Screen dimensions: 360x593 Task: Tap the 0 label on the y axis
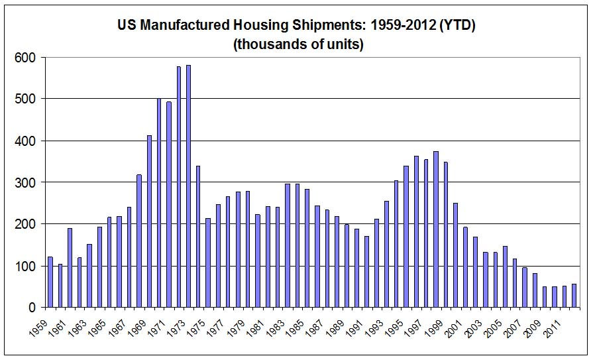click(x=31, y=308)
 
